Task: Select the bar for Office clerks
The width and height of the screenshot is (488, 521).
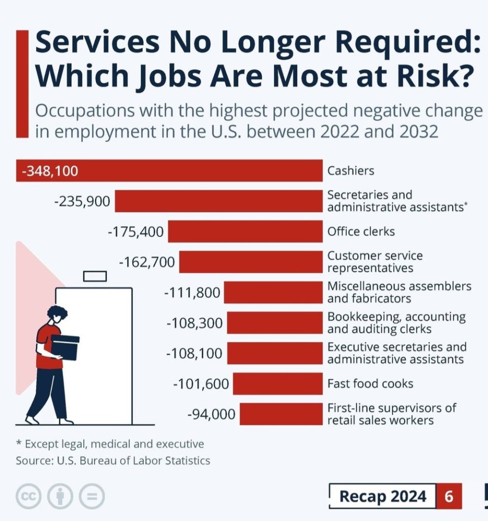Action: tap(245, 231)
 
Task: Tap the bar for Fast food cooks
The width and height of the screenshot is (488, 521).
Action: tap(278, 384)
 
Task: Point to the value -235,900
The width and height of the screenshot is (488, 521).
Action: tap(82, 201)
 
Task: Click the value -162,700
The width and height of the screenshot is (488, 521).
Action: tap(146, 263)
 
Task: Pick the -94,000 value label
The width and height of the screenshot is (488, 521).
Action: tap(211, 414)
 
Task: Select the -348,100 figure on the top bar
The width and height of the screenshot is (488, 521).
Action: tap(50, 171)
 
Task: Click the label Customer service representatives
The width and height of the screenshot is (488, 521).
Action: tap(375, 262)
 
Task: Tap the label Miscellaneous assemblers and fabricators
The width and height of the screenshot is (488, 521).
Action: tap(399, 292)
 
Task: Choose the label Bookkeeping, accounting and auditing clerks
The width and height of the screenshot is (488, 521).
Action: tap(396, 323)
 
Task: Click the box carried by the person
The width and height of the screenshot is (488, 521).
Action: tap(65, 346)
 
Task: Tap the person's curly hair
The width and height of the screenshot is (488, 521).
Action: tap(57, 311)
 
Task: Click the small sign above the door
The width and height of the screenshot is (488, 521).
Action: tap(95, 276)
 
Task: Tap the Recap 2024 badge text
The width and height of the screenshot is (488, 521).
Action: tap(383, 496)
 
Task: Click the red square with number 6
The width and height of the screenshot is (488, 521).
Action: tap(449, 496)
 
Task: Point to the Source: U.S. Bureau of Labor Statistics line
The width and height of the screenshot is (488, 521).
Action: tap(113, 461)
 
